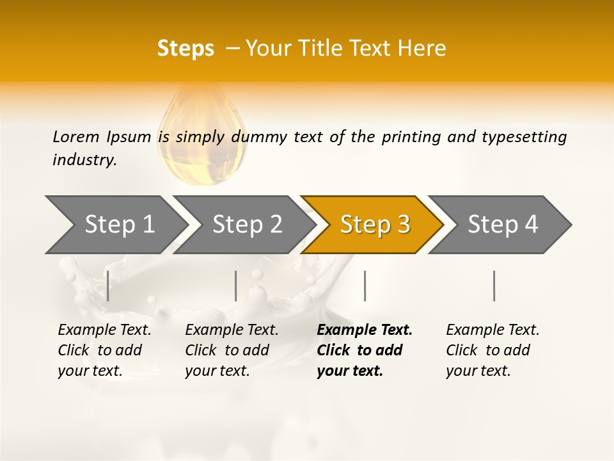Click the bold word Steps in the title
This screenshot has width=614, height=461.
click(x=185, y=49)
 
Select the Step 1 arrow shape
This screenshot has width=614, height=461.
click(x=115, y=225)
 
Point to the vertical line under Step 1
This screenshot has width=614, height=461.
click(x=108, y=286)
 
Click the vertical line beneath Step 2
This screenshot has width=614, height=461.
click(x=236, y=286)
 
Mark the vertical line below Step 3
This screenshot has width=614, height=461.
click(x=365, y=286)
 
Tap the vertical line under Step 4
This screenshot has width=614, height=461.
click(x=494, y=286)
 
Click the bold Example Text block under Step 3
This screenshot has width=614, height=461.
click(x=364, y=350)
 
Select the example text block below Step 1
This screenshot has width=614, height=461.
click(x=104, y=350)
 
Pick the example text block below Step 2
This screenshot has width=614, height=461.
click(x=232, y=350)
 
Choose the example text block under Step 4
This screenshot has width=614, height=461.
click(x=492, y=350)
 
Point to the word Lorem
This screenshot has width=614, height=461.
click(x=76, y=136)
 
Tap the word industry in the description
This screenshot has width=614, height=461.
click(x=84, y=160)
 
